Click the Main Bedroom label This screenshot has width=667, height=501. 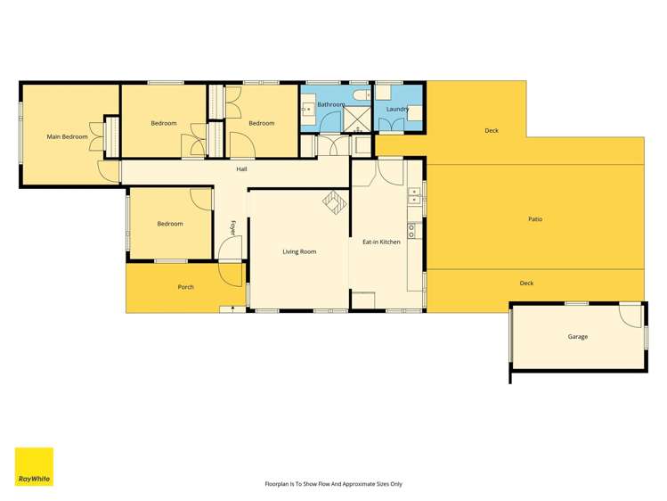[68, 136]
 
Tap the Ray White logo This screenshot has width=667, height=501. [34, 466]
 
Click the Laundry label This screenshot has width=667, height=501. [397, 110]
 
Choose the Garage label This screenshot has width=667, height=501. [577, 337]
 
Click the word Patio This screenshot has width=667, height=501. [534, 218]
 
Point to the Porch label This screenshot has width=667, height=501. [185, 287]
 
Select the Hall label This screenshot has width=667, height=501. [241, 169]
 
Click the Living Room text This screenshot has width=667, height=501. [299, 251]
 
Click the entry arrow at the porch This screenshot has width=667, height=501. [232, 308]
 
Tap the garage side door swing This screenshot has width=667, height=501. [630, 314]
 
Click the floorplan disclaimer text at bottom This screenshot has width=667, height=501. [333, 484]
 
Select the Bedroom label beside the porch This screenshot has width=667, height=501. [169, 224]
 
